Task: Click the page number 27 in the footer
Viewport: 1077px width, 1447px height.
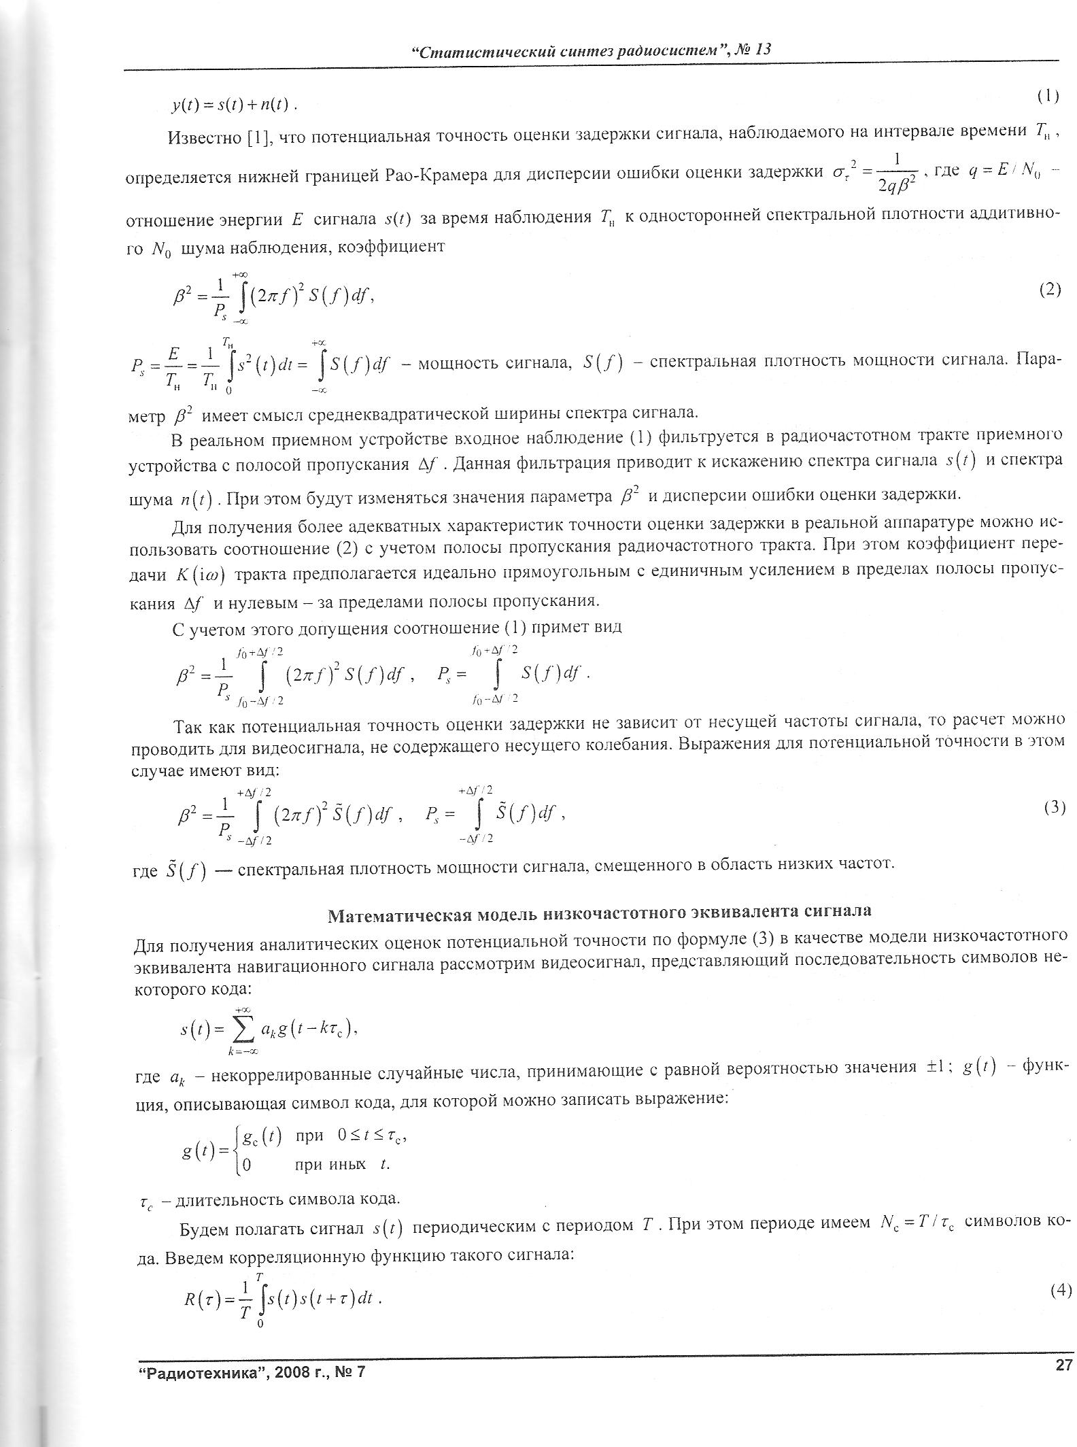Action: coord(1063,1363)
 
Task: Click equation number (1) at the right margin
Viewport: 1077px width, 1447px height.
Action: coord(1048,97)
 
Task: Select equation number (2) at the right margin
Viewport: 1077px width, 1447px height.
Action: coord(1049,290)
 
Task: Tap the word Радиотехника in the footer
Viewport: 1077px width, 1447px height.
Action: coord(188,1372)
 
